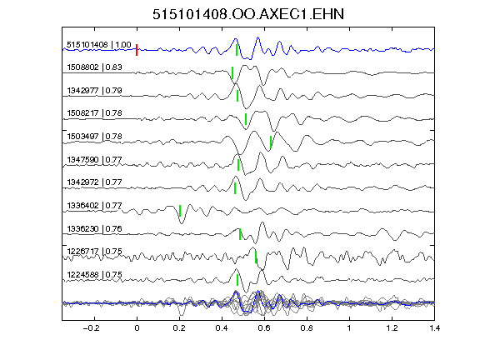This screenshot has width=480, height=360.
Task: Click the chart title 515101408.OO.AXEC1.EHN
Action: [x=248, y=14]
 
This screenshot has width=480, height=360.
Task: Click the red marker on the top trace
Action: [x=137, y=50]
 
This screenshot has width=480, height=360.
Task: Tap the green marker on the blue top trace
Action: [x=237, y=50]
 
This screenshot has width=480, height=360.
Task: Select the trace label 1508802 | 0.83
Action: [x=94, y=67]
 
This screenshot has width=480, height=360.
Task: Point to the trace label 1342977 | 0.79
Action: [x=94, y=90]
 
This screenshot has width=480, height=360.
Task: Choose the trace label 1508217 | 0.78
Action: [x=94, y=113]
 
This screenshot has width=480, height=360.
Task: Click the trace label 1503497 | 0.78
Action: [x=94, y=136]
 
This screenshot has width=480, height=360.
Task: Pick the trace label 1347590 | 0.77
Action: [x=94, y=159]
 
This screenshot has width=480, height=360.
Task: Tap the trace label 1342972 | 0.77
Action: [x=94, y=182]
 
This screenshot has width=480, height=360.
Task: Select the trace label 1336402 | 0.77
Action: [x=94, y=205]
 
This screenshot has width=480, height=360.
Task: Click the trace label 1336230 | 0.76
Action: [x=94, y=228]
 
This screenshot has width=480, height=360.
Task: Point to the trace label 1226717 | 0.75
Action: [x=94, y=252]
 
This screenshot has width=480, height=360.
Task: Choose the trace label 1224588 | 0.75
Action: [x=94, y=275]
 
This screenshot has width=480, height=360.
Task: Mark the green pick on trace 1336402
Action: [x=180, y=211]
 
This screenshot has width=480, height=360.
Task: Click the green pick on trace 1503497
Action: [x=271, y=142]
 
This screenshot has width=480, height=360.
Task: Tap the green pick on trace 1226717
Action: [x=256, y=257]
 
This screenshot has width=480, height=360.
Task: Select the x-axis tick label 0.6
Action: [x=264, y=328]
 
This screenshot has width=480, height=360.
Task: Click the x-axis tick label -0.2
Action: [x=92, y=328]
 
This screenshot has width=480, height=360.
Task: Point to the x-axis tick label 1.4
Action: [x=435, y=328]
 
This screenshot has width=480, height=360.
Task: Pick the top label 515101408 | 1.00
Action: [x=99, y=45]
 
